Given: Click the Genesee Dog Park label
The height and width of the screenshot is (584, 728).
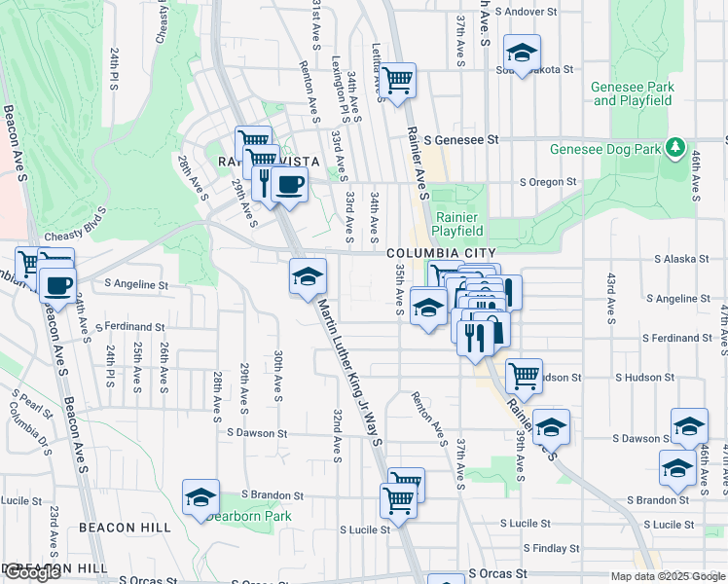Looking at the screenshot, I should coord(604,150).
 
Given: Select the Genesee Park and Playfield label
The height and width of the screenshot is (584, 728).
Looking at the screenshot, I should coord(633,93).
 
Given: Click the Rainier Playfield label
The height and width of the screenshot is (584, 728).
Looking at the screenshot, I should coord(459,224).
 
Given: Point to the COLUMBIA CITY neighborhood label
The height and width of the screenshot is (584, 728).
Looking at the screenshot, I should coord(434,253).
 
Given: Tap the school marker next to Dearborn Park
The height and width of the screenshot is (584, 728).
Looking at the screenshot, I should coord(200,496).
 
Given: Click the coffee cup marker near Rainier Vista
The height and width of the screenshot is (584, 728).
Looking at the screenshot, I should coord(289,182).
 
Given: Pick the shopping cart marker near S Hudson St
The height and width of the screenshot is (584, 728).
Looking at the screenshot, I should coord(524,376).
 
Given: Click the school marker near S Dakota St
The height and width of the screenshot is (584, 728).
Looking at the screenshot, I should coord(522,54).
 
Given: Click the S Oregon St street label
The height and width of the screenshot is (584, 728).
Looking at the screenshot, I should coord(548,182).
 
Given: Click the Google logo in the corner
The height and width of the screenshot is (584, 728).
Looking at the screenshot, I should coord(32,572).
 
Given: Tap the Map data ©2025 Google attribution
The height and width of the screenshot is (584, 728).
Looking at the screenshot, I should coord(667,576).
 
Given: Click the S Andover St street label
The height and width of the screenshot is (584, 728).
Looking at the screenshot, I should coord(528,13).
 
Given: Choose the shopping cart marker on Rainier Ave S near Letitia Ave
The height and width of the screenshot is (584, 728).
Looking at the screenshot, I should coord(397,81).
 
